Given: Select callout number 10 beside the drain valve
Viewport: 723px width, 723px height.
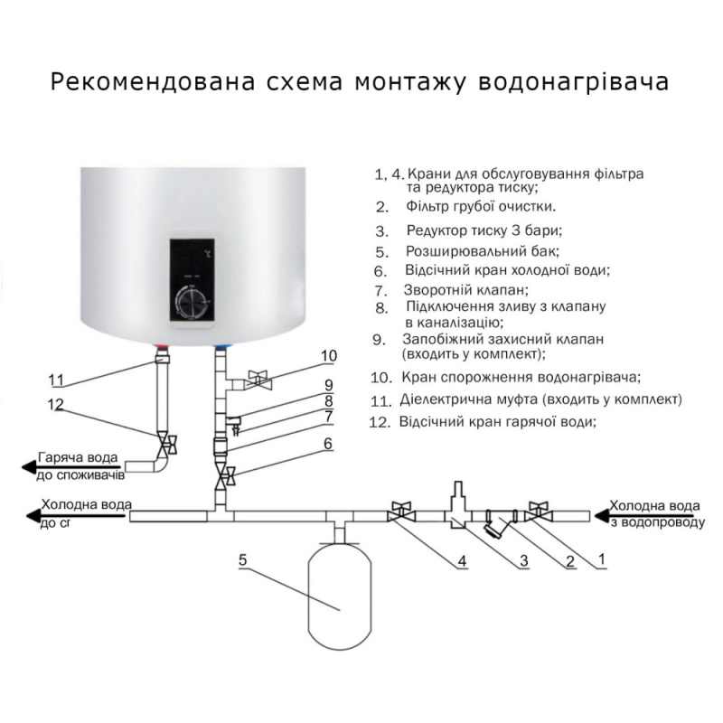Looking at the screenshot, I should (327, 355).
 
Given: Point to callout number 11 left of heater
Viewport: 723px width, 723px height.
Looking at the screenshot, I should (57, 379).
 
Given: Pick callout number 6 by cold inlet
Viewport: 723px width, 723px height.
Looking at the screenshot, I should (327, 444).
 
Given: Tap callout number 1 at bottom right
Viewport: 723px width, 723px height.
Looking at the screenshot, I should (601, 561).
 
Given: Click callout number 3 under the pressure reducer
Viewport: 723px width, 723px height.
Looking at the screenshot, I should (522, 561).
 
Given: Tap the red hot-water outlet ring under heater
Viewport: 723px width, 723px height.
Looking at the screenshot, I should (163, 347).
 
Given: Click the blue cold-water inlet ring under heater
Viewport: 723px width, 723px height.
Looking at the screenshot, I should (221, 347).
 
